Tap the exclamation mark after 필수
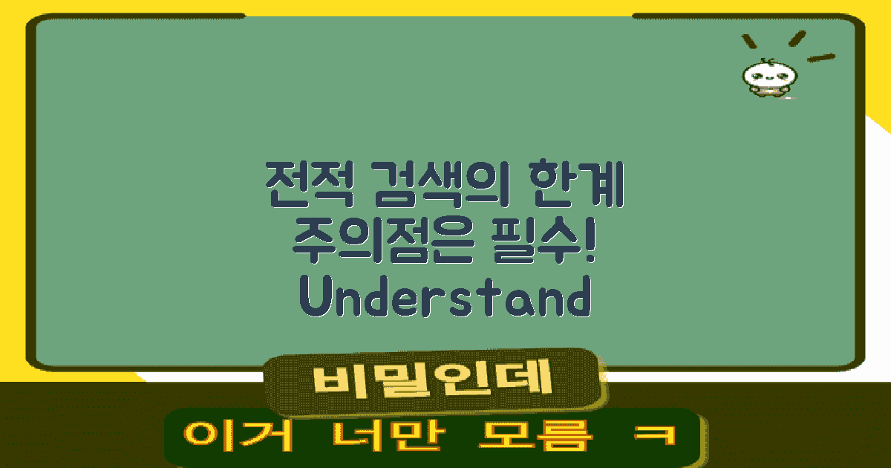(x=590, y=239)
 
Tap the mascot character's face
(x=765, y=75)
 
